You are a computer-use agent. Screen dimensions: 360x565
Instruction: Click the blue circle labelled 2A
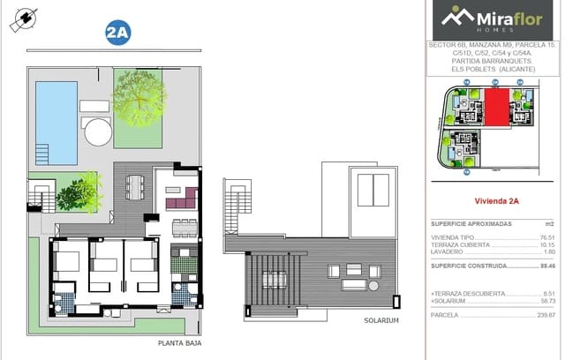click(117, 34)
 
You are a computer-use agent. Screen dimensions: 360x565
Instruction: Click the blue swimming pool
click(56, 123)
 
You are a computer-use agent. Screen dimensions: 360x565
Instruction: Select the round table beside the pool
click(97, 132)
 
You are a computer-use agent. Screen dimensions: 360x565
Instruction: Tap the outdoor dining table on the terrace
click(134, 186)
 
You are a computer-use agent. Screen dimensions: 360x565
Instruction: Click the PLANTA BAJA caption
click(177, 343)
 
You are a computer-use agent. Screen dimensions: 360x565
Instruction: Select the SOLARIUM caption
click(381, 320)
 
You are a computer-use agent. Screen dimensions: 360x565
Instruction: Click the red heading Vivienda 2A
click(496, 201)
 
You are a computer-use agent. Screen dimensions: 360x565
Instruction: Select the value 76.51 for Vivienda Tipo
click(547, 237)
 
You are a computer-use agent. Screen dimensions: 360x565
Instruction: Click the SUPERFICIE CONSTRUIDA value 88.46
click(546, 264)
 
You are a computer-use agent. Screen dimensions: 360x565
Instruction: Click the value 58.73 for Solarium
click(547, 301)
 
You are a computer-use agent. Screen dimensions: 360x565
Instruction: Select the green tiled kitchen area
click(185, 262)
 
